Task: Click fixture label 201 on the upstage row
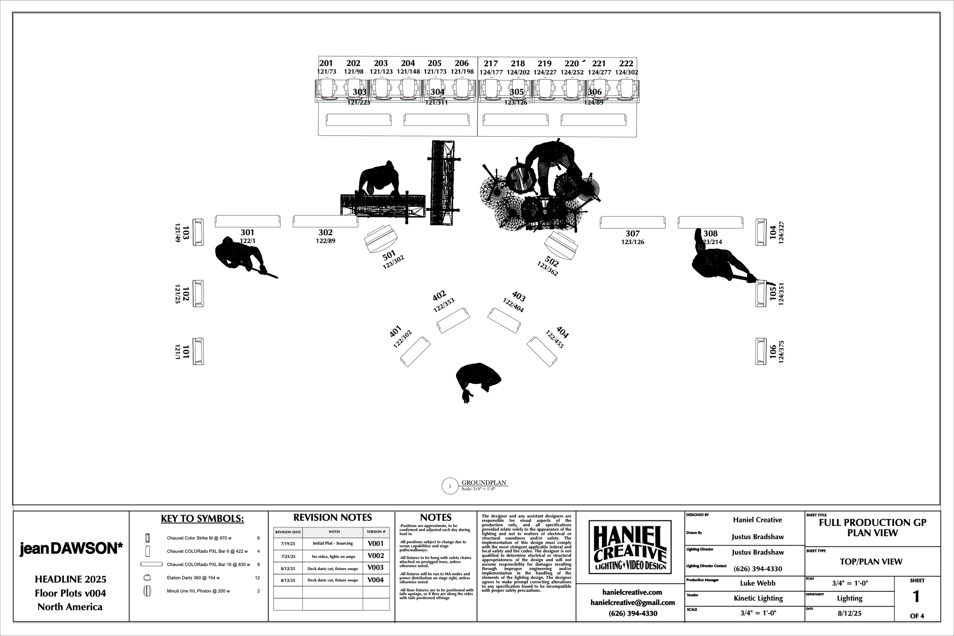(326, 63)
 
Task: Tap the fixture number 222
(626, 64)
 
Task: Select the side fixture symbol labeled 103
(198, 232)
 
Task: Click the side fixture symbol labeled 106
(761, 351)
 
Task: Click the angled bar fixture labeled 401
(415, 352)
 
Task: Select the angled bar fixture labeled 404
(542, 352)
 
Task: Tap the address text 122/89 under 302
(325, 241)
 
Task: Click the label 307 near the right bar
(632, 233)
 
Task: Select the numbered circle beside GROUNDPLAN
(450, 486)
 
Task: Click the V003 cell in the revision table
(375, 568)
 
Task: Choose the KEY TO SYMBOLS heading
(202, 519)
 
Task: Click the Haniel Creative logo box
(630, 547)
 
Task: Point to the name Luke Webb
(757, 583)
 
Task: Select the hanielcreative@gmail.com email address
(632, 603)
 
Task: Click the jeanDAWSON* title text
(71, 548)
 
